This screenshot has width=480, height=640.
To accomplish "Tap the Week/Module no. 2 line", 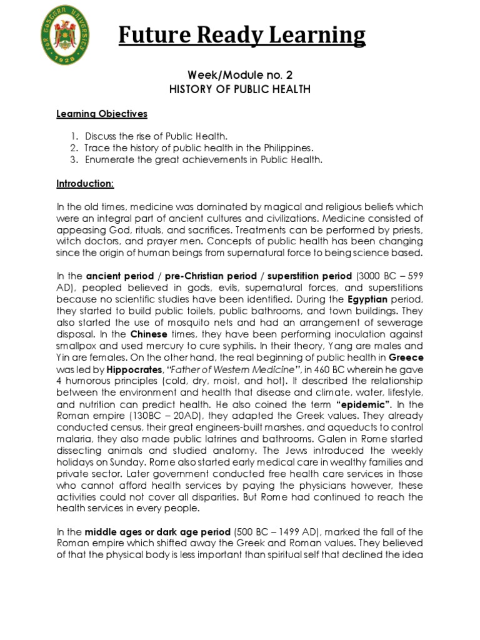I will (240, 75).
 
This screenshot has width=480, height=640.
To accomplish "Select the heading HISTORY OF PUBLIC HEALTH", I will (240, 89).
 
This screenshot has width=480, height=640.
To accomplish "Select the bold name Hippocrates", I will (124, 370).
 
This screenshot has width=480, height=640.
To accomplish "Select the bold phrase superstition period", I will (302, 275).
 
